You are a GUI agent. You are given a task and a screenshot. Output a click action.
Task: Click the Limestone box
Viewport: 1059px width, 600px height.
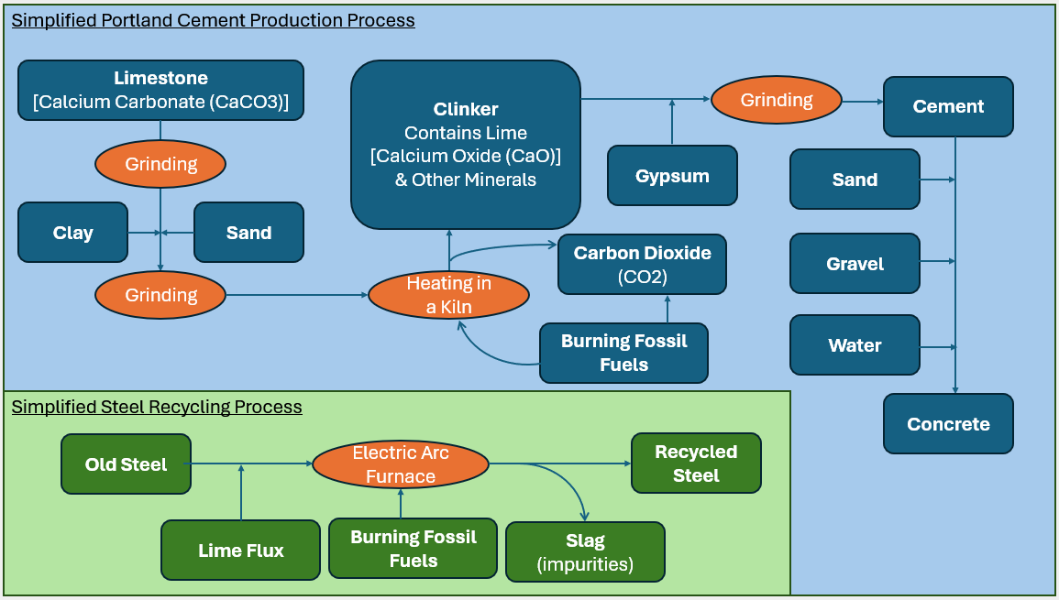point(160,90)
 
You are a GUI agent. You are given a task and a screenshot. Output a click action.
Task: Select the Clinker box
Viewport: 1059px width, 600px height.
point(466,145)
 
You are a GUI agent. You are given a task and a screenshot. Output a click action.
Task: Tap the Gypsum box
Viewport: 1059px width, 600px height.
point(672,176)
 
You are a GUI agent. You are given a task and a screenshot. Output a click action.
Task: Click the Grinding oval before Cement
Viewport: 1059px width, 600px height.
point(777,99)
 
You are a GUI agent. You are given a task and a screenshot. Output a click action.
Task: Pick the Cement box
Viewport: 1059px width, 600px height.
point(948,106)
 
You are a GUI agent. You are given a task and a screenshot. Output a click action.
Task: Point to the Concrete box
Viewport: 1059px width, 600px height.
point(948,424)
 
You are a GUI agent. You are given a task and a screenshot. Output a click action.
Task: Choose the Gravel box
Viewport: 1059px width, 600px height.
point(855,264)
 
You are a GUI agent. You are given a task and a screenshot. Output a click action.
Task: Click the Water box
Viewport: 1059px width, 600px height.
point(855,345)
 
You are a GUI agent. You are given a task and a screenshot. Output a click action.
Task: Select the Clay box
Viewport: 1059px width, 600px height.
point(72,233)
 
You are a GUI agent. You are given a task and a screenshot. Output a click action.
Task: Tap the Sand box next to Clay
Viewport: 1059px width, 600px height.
point(248,233)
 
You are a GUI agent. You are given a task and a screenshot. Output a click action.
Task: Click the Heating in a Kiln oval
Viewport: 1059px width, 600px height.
point(448,295)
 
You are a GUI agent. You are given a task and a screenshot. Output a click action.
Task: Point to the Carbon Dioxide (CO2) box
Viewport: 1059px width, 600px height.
point(642,264)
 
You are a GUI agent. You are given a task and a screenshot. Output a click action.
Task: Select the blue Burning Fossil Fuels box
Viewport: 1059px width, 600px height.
point(623,353)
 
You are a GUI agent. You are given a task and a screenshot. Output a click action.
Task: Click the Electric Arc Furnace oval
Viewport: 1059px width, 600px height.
point(401,464)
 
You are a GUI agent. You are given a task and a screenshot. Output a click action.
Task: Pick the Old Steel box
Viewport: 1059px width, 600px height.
point(126,464)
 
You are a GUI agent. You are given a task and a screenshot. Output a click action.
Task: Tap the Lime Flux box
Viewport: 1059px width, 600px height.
point(240,551)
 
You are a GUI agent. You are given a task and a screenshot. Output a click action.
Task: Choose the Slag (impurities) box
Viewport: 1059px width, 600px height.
point(585,552)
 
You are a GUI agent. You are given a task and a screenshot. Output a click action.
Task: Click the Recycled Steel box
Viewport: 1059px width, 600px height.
point(696,464)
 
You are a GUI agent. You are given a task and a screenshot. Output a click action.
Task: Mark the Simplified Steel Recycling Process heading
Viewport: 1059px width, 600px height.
point(157,407)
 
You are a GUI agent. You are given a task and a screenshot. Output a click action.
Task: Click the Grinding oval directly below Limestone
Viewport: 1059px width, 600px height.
point(160,164)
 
